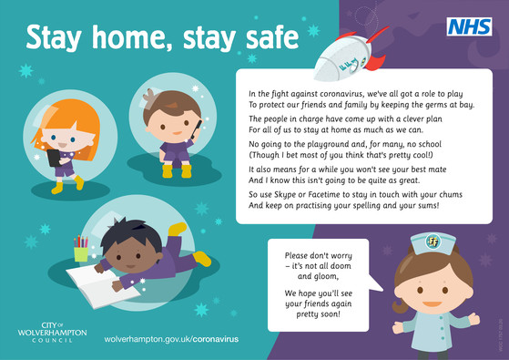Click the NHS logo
pyautogui.click(x=467, y=27)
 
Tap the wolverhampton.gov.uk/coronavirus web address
pyautogui.click(x=171, y=338)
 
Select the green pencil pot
pyautogui.click(x=81, y=252)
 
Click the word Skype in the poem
pyautogui.click(x=285, y=195)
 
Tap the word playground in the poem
pyautogui.click(x=338, y=144)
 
